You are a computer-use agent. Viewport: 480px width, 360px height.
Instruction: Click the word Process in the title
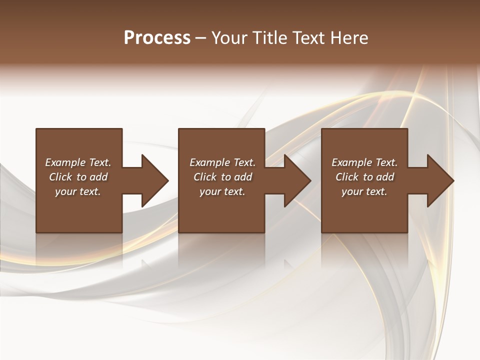click(x=157, y=38)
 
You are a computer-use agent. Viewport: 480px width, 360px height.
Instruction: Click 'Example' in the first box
click(x=65, y=162)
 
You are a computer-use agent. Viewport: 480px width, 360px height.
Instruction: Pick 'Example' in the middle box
click(x=209, y=162)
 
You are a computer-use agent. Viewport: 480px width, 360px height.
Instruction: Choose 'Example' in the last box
click(x=351, y=162)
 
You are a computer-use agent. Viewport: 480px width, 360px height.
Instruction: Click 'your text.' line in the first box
click(x=78, y=191)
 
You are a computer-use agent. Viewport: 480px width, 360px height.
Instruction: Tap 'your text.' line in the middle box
click(x=222, y=191)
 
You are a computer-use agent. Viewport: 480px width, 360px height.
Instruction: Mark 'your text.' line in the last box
click(x=364, y=191)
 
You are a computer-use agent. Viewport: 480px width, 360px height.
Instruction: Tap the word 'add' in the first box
click(x=99, y=177)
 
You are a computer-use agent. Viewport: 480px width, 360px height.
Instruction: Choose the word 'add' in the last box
click(x=385, y=177)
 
